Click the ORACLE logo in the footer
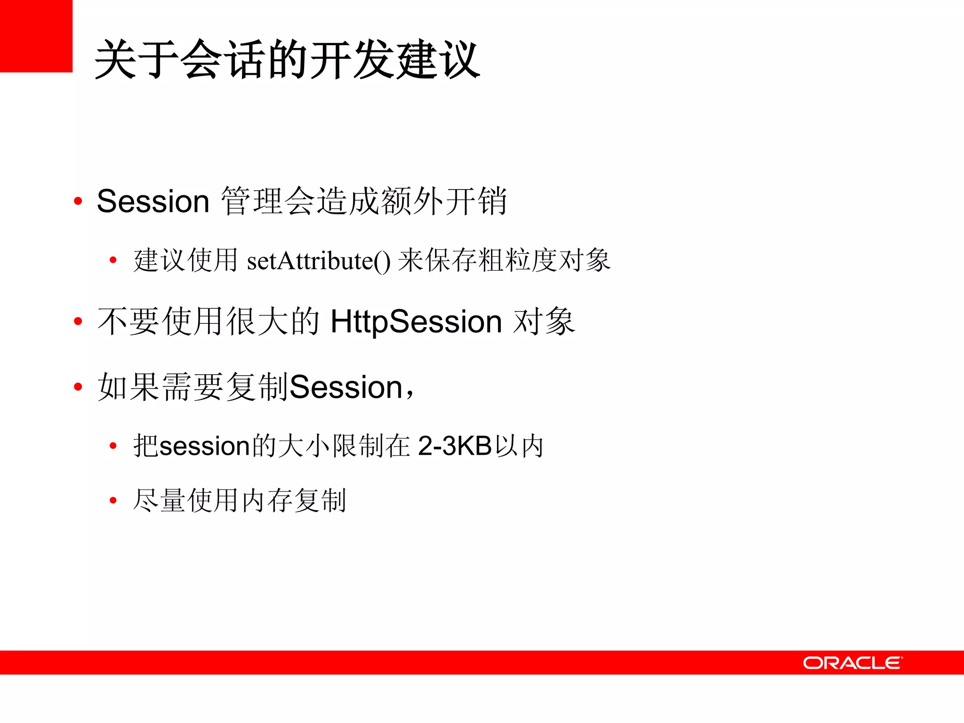pos(852,663)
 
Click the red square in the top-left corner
pos(36,36)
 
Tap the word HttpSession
pos(416,322)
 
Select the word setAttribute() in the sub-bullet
pos(319,261)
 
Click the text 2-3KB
pos(455,446)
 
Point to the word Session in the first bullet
pos(153,201)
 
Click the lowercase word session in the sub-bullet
pos(204,446)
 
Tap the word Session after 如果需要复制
pos(346,387)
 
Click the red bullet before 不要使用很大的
pos(78,321)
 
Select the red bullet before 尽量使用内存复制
pos(113,500)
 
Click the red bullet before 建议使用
pos(113,260)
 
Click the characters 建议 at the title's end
pos(438,60)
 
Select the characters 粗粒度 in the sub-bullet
pos(517,260)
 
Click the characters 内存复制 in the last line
pos(294,500)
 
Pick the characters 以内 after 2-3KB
pos(519,446)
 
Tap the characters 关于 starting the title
pos(137,60)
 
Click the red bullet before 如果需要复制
pos(78,387)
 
